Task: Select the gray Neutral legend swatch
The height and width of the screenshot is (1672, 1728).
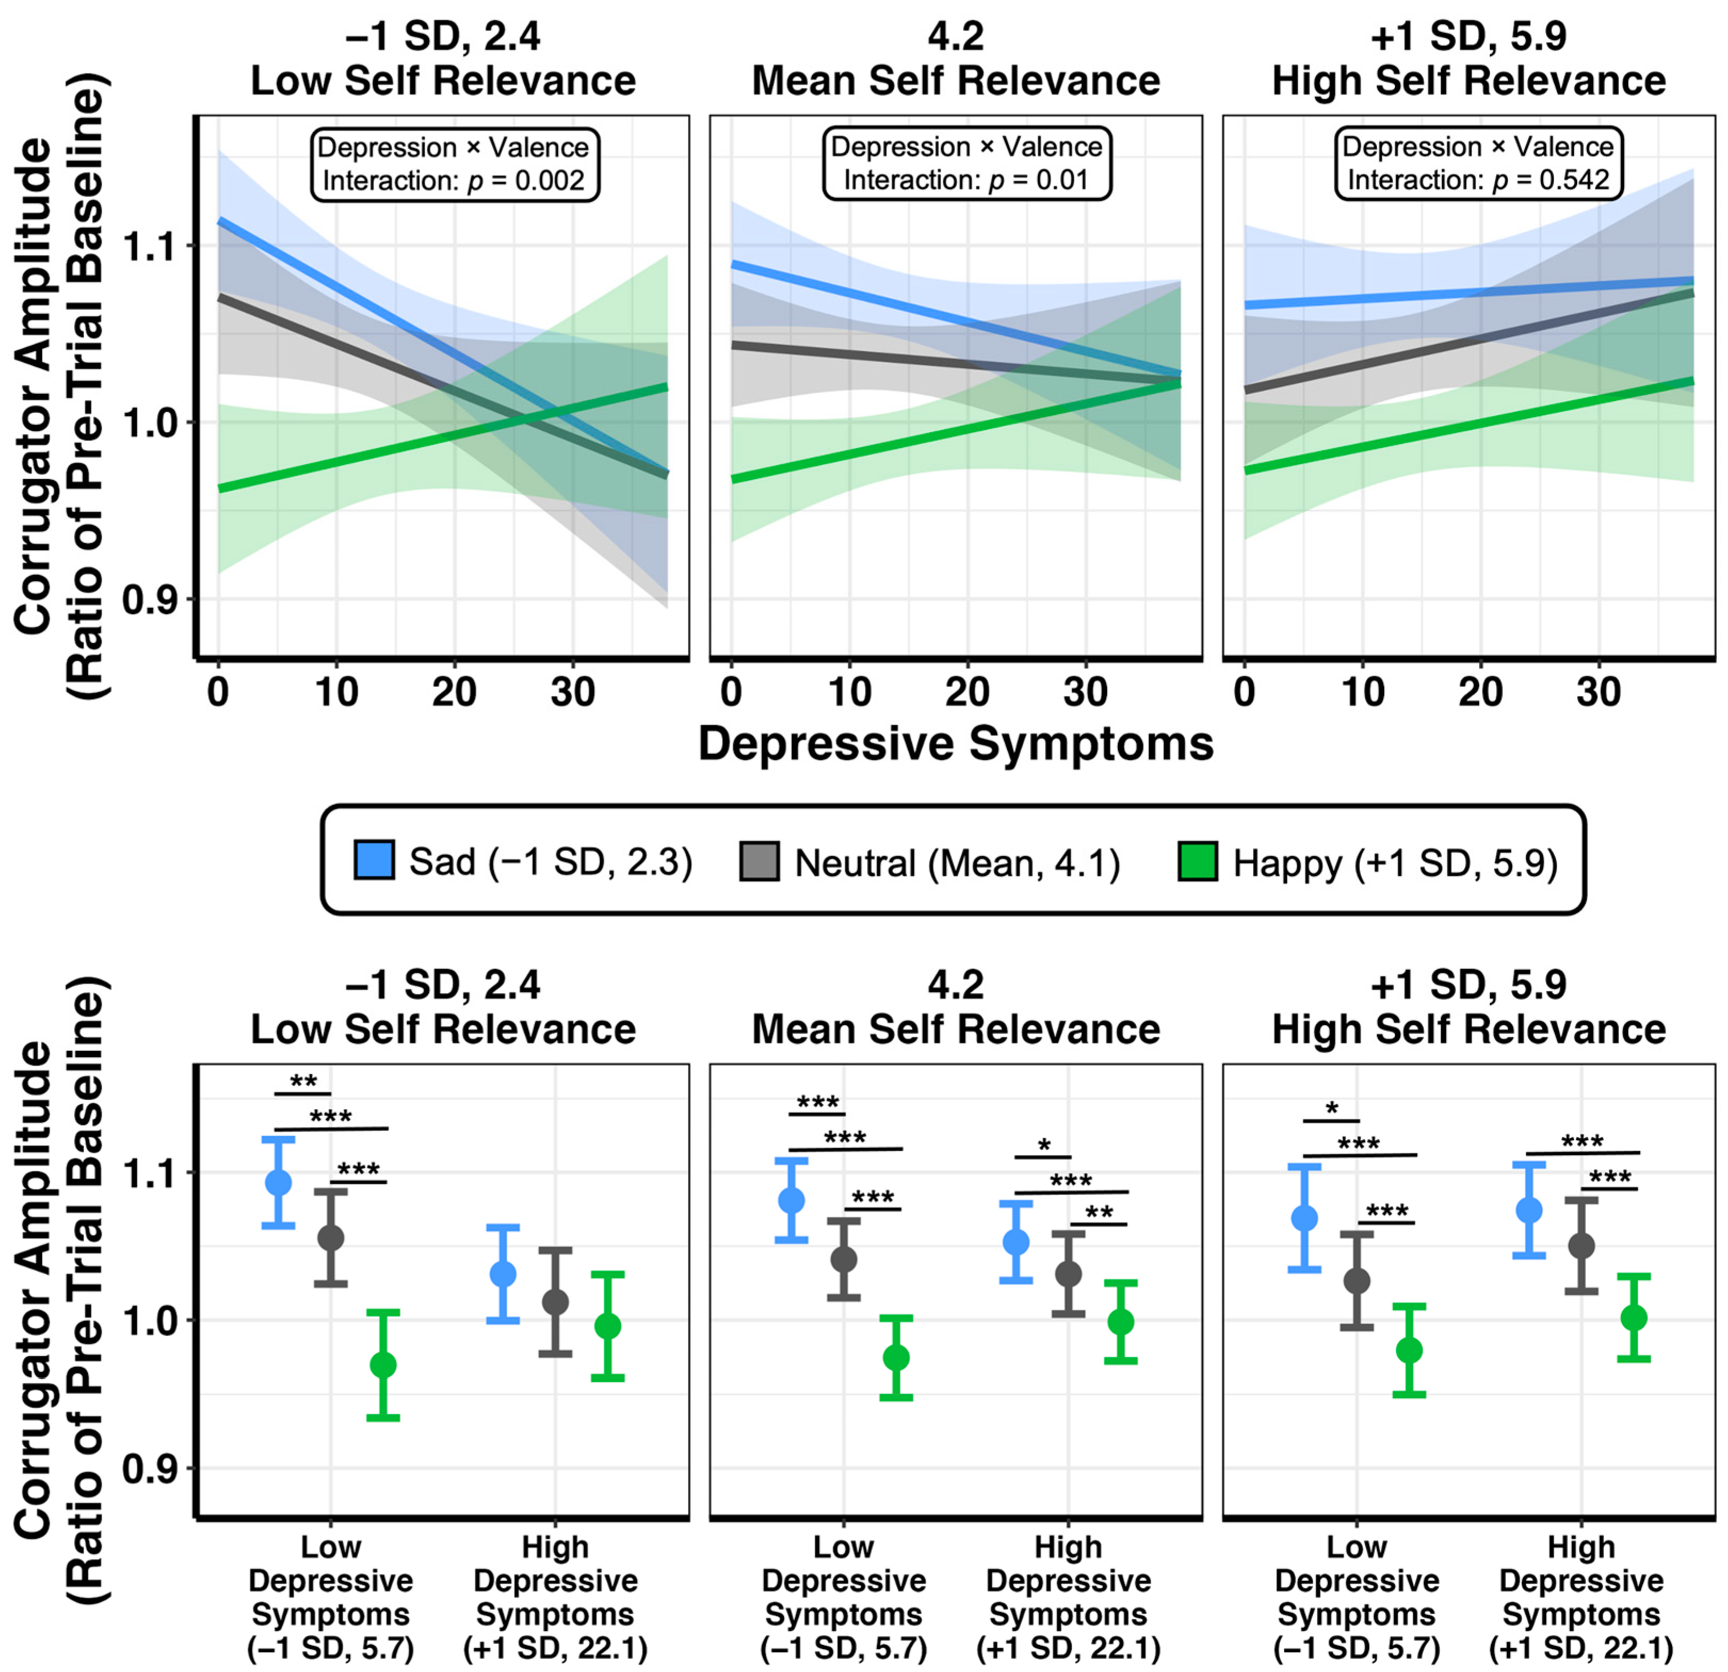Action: tap(759, 860)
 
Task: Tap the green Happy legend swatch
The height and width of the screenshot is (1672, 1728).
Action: tap(1197, 860)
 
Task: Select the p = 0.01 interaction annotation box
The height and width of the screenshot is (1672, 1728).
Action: tap(966, 164)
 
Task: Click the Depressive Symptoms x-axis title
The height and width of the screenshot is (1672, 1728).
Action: tap(956, 744)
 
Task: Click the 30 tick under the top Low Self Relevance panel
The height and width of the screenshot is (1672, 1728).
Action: tap(573, 693)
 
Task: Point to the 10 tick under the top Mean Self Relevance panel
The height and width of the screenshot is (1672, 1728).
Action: tap(850, 693)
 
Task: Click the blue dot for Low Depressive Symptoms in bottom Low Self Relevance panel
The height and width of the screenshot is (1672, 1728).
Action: tap(279, 1182)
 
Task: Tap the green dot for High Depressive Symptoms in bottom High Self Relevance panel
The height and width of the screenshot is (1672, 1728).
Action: tap(1634, 1318)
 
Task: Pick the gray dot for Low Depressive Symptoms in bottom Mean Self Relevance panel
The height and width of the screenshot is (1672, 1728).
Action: tap(843, 1259)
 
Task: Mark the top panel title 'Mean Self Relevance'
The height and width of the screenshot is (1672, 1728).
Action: tap(956, 81)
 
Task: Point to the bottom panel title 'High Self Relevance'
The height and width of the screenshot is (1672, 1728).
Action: tap(1469, 1029)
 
